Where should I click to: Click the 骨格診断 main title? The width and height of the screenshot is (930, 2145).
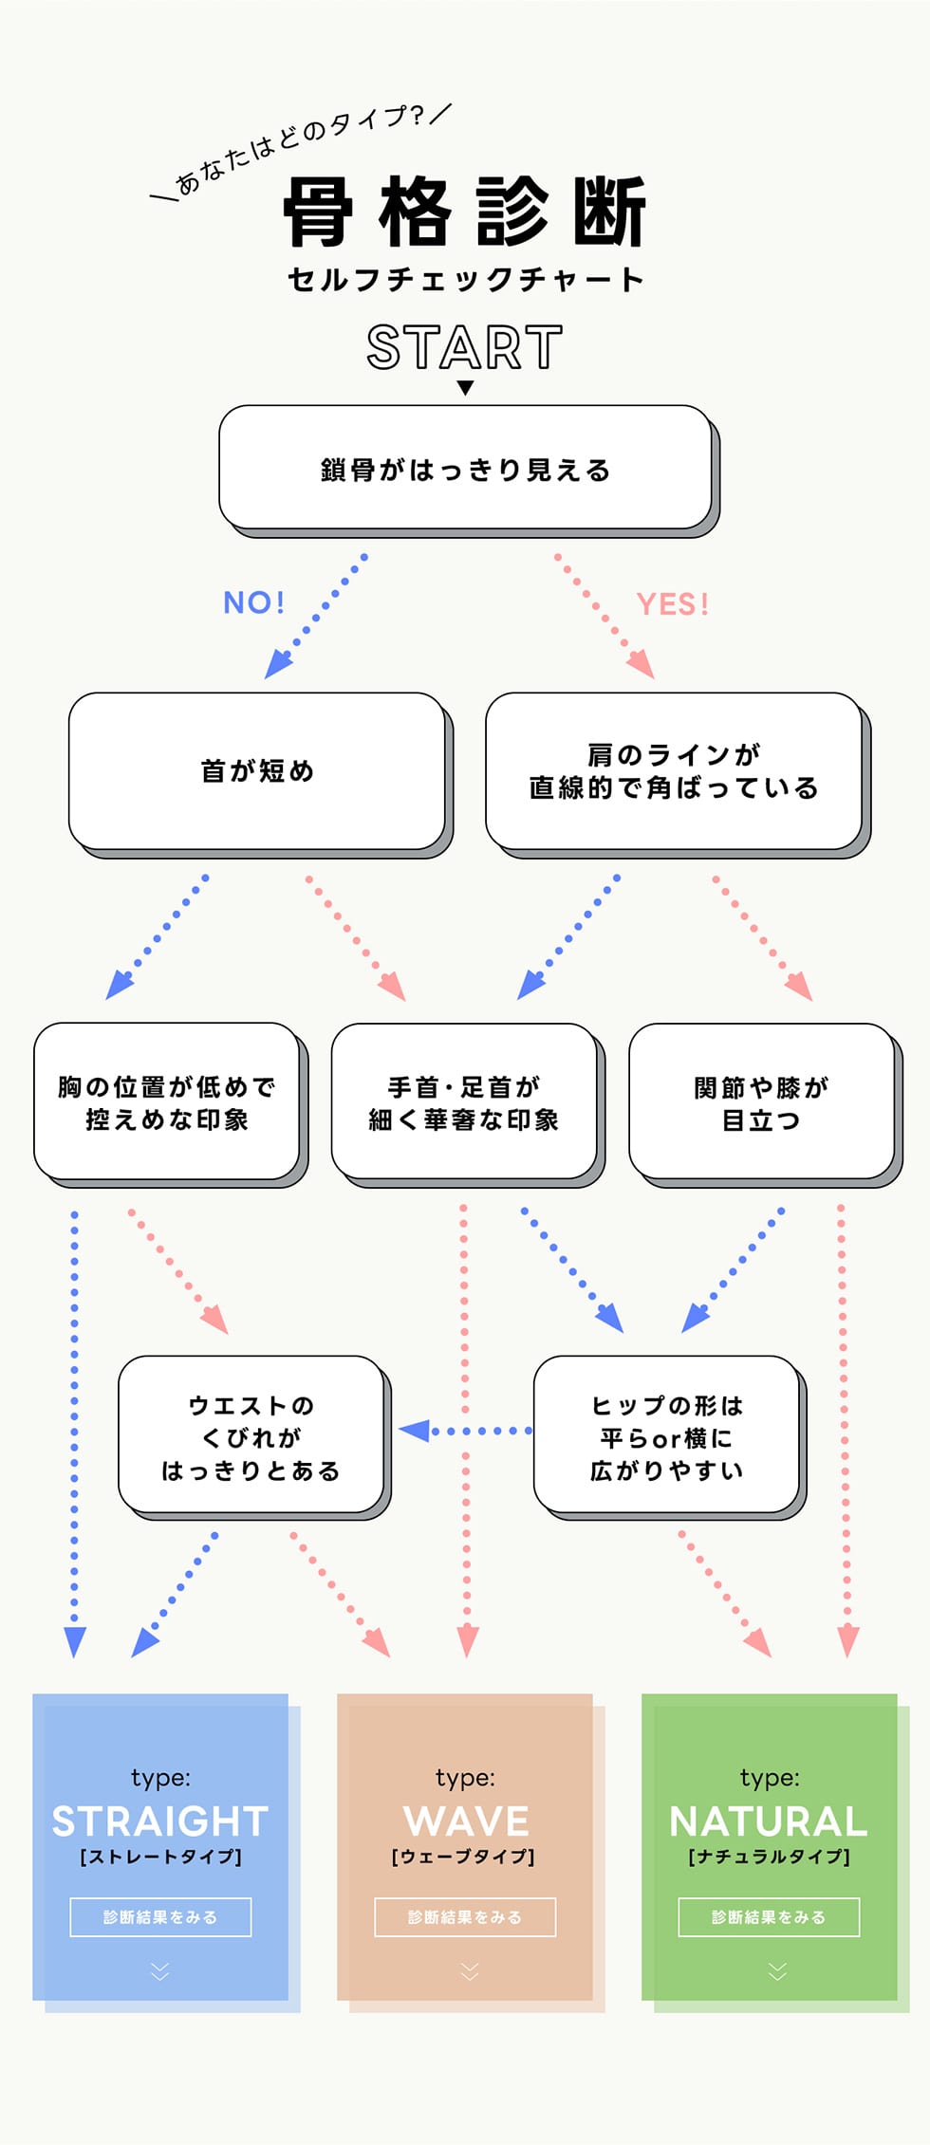tap(464, 212)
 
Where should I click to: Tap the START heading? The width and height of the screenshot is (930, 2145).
tap(464, 347)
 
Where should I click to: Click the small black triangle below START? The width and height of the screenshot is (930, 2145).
tap(465, 388)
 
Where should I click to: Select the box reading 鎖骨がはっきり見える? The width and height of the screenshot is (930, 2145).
tap(465, 468)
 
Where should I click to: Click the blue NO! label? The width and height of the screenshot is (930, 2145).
tap(253, 602)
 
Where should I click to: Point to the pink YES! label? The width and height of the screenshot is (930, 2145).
tap(673, 604)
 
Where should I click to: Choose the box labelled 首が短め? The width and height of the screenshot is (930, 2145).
tap(257, 771)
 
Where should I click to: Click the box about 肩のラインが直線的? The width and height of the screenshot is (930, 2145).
tap(674, 771)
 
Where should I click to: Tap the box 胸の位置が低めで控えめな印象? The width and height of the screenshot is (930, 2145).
tap(167, 1102)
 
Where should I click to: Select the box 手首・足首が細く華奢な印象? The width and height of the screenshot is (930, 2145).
tap(464, 1102)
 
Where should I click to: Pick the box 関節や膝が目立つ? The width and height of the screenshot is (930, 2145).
tap(761, 1102)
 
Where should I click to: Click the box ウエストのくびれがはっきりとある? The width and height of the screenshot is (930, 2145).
tap(251, 1436)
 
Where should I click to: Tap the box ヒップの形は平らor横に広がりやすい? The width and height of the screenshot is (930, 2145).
tap(666, 1436)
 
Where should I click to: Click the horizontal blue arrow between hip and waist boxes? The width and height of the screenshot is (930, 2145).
tap(464, 1431)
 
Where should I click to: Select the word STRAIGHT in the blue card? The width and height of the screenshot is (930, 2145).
tap(160, 1821)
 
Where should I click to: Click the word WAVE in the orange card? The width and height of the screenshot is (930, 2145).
tap(465, 1821)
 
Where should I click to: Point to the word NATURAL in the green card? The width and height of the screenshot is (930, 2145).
tap(769, 1821)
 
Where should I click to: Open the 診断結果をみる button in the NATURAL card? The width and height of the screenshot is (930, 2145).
tap(769, 1917)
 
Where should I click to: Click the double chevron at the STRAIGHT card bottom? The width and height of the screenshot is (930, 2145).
tap(160, 1971)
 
